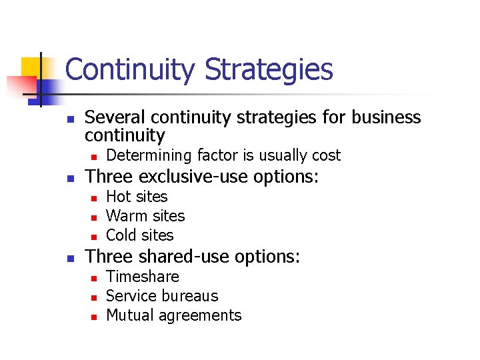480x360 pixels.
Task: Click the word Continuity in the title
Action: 131,69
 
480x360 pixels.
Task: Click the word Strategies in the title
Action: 269,69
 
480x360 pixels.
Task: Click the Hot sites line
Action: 137,197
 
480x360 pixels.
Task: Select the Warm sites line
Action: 145,216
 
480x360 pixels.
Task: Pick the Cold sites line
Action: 139,235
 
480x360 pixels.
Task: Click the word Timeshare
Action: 143,277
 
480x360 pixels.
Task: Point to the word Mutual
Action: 129,315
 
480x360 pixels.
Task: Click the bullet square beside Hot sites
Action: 94,198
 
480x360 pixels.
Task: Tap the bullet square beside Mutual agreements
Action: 94,317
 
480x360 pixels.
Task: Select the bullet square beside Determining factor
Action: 94,157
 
